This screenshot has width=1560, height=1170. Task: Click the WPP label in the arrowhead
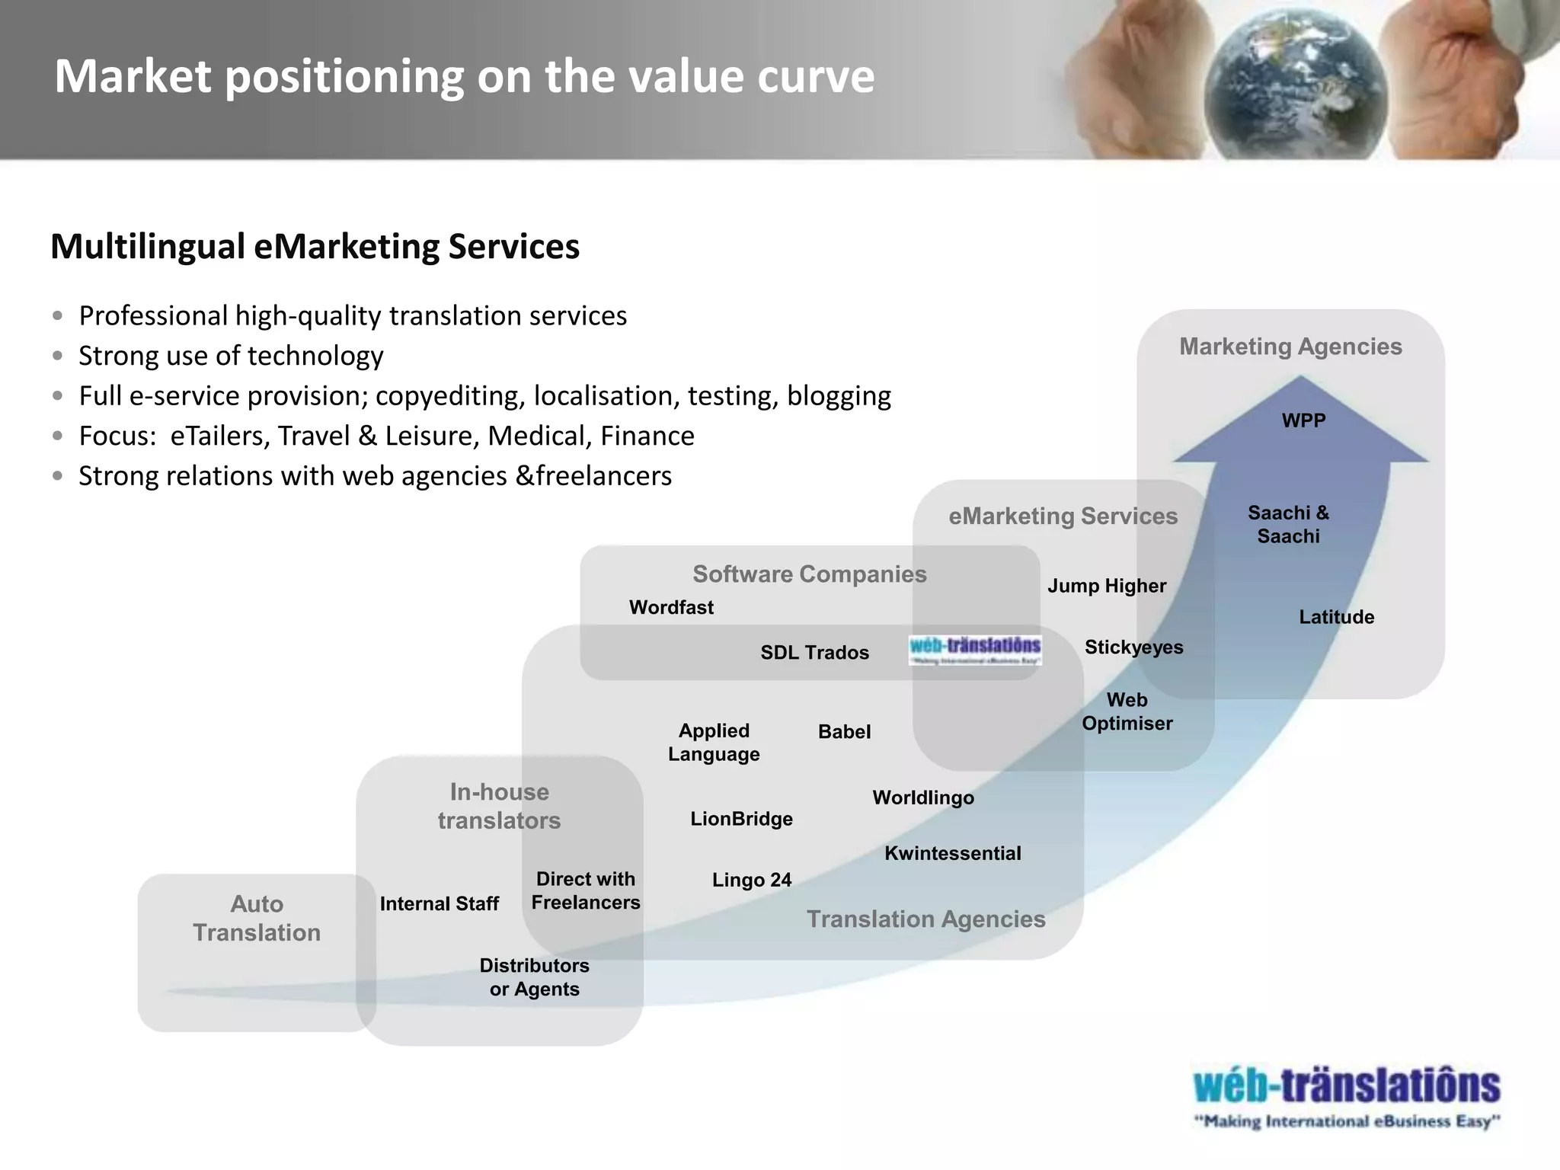click(x=1303, y=420)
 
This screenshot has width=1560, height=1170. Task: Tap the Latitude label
click(x=1336, y=617)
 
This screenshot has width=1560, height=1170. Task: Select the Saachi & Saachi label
click(x=1288, y=524)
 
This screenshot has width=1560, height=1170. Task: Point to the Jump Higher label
click(x=1106, y=586)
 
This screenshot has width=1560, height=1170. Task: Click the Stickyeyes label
click(x=1133, y=647)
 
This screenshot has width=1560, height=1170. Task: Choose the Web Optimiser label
click(x=1127, y=711)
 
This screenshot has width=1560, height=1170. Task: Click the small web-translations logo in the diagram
click(x=975, y=650)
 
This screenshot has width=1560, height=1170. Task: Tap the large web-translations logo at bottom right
click(x=1347, y=1097)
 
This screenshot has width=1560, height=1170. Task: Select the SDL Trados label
click(x=814, y=653)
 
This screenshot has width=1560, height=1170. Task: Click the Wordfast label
click(x=671, y=608)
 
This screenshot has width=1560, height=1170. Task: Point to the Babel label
click(x=844, y=732)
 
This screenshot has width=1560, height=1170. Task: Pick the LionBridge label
click(x=741, y=819)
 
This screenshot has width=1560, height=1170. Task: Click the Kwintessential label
click(x=952, y=853)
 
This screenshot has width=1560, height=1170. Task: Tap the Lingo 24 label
click(x=752, y=880)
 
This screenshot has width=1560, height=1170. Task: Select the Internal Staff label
click(x=439, y=904)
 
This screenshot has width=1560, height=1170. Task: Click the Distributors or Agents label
click(x=534, y=977)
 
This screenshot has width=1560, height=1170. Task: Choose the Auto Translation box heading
click(x=257, y=918)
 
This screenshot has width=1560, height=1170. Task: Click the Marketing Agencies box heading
click(x=1290, y=347)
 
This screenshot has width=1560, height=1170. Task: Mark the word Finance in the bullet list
click(x=647, y=436)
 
